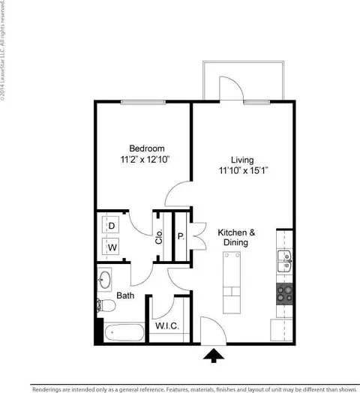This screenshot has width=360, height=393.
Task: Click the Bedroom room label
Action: (x=146, y=148)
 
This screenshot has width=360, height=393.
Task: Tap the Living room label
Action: (x=241, y=160)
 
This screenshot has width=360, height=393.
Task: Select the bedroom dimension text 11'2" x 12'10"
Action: (x=146, y=160)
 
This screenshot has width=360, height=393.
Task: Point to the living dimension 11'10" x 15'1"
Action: (x=241, y=171)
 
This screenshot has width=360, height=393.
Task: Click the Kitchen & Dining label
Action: (x=237, y=237)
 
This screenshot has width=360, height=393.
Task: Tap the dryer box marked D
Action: (x=111, y=225)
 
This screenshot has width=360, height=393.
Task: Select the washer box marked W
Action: (x=111, y=246)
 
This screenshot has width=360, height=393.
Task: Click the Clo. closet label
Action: (x=159, y=237)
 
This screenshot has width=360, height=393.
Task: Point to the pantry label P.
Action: (x=180, y=236)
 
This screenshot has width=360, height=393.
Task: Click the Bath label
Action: (x=125, y=296)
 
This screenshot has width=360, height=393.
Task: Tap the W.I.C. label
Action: (x=166, y=326)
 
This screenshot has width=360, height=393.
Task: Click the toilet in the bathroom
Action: (x=104, y=306)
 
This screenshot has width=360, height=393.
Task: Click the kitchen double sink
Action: (x=283, y=262)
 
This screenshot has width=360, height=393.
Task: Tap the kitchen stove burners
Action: (x=284, y=292)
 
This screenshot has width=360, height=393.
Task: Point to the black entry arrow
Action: (x=214, y=355)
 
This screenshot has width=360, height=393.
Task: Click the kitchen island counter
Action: (x=232, y=283)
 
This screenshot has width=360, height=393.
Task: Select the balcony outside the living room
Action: (x=242, y=78)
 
